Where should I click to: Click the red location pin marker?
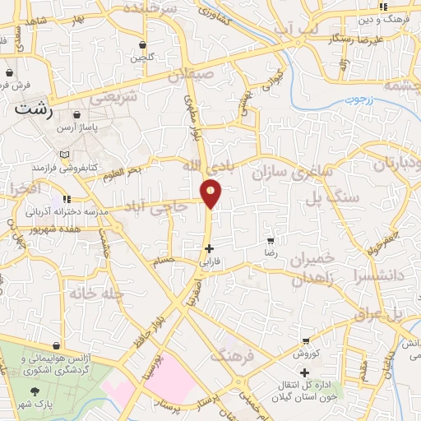tap(211, 194)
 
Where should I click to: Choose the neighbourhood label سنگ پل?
tap(322, 197)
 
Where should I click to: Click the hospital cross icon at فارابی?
tap(210, 248)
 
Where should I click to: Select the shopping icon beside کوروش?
tap(306, 341)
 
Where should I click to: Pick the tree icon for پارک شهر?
tap(34, 391)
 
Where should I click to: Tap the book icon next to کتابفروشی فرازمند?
tap(65, 154)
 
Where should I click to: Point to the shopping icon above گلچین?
tap(144, 44)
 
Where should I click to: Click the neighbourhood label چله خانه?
tap(97, 294)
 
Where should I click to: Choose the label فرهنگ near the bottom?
tap(229, 356)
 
